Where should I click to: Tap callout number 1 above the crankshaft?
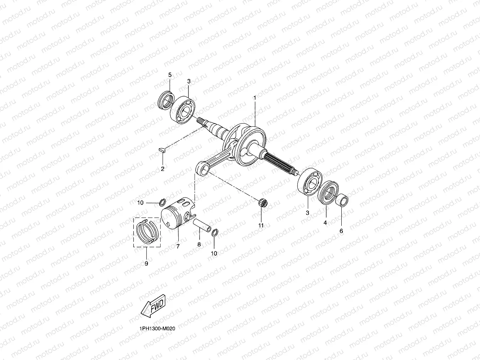pyautogui.click(x=255, y=99)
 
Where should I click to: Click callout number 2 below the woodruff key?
pyautogui.click(x=163, y=169)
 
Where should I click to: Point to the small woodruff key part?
pyautogui.click(x=163, y=150)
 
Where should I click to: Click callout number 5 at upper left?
pyautogui.click(x=170, y=75)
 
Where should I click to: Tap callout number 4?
pyautogui.click(x=325, y=223)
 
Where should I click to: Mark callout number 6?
pyautogui.click(x=341, y=231)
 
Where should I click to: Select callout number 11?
pyautogui.click(x=261, y=225)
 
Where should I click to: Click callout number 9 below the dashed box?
pyautogui.click(x=146, y=263)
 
